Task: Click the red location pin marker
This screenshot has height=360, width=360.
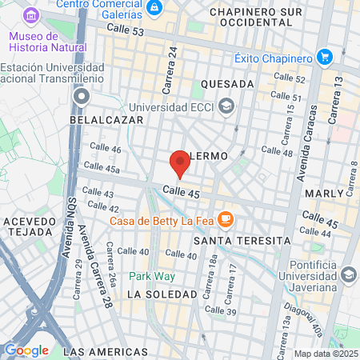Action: click(180, 163)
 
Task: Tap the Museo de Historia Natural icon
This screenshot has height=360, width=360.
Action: click(31, 16)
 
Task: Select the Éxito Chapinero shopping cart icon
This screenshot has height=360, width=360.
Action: click(324, 58)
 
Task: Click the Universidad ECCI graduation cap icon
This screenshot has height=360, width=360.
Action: click(226, 106)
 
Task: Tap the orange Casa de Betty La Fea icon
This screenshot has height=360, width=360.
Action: click(226, 218)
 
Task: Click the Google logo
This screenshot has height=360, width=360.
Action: click(26, 350)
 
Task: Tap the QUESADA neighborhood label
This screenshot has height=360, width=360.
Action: click(228, 84)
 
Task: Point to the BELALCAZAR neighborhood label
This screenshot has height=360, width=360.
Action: click(106, 119)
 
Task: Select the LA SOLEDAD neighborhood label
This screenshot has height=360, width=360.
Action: click(162, 294)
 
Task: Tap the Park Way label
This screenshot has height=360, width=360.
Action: click(152, 276)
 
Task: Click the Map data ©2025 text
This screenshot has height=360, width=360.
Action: click(325, 354)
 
